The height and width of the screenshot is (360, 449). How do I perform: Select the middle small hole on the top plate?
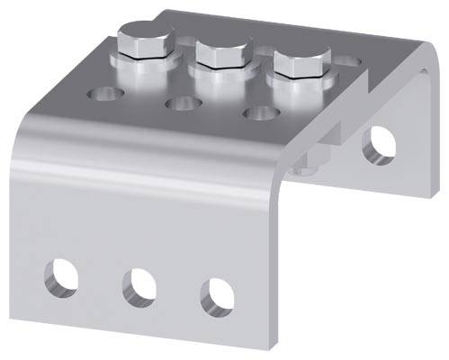tap(180, 103)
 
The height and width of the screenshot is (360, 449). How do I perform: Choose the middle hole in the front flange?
tap(139, 283)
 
